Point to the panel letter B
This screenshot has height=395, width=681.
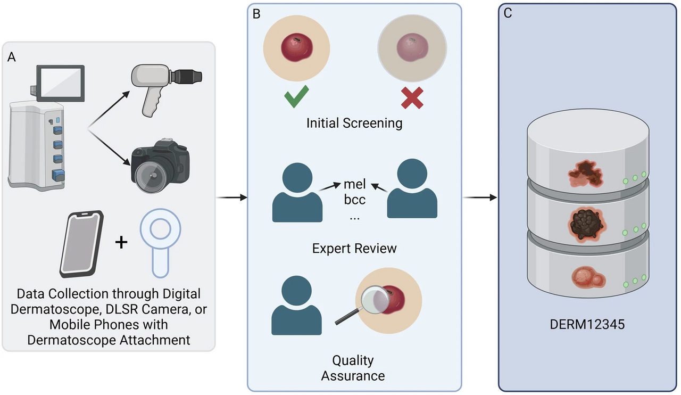click(256, 14)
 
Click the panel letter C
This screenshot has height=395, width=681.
click(508, 14)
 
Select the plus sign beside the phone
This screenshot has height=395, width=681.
click(122, 243)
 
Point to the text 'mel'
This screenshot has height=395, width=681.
click(355, 185)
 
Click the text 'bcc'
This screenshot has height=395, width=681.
click(355, 201)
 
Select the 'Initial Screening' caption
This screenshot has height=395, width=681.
click(354, 124)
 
